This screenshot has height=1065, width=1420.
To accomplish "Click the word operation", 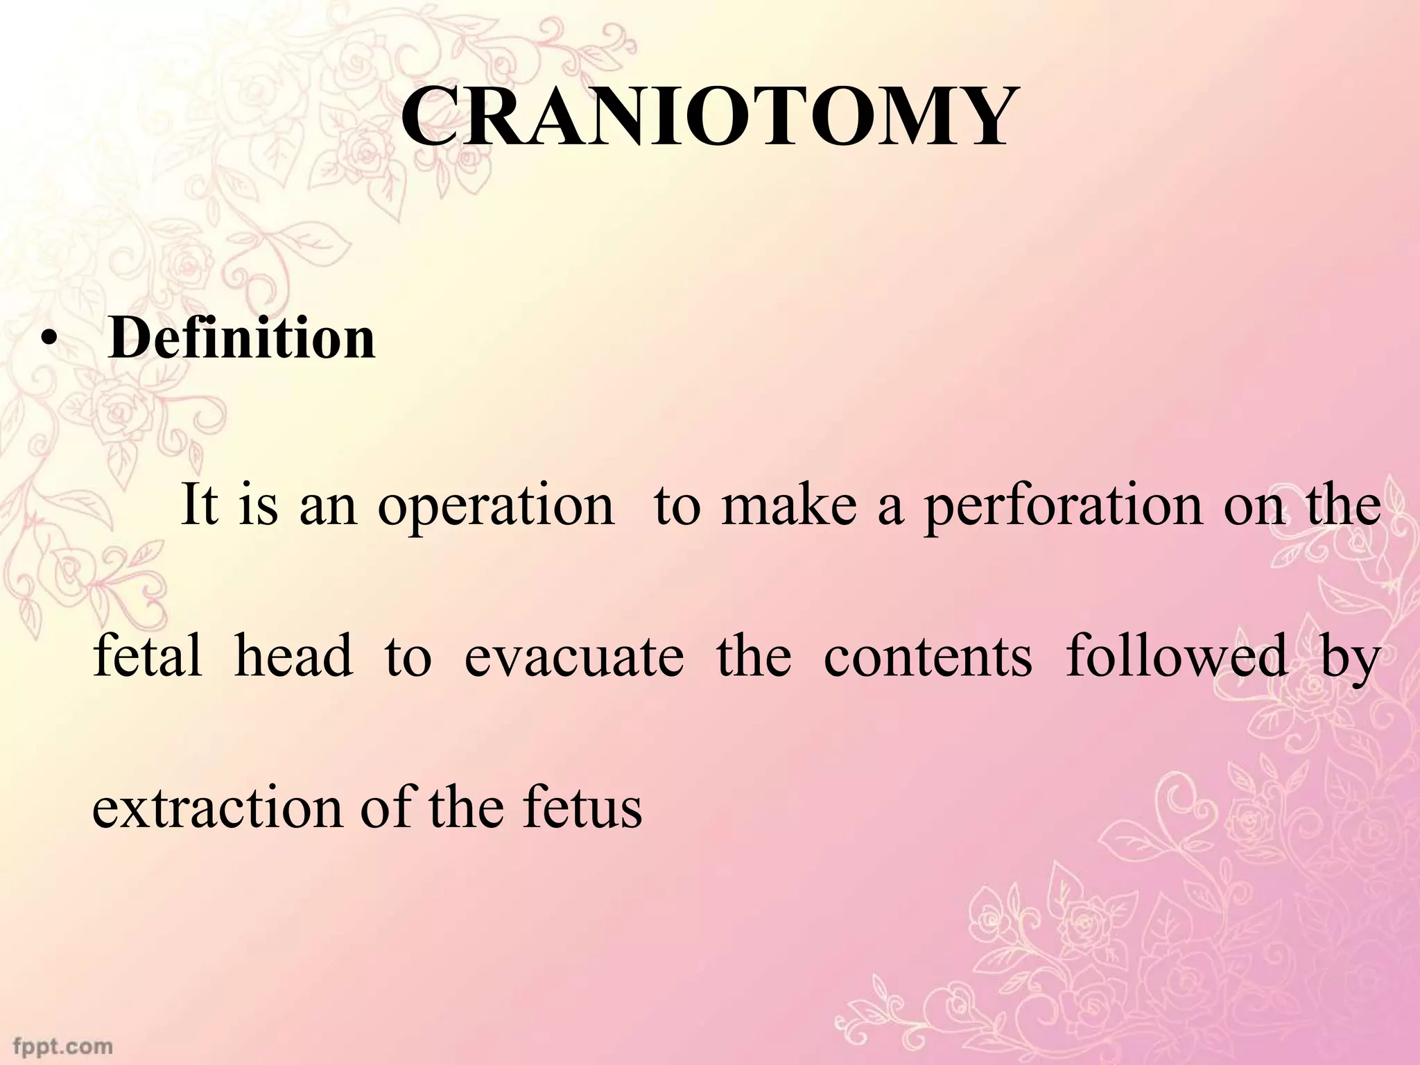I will pos(496,507).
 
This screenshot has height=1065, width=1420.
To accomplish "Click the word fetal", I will pos(148,655).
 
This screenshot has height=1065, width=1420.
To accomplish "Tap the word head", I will pos(293,655).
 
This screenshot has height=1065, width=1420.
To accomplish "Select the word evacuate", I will pos(573,657).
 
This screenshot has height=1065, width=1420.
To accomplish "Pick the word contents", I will pos(928,657).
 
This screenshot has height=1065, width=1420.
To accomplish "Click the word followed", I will pos(1176,655).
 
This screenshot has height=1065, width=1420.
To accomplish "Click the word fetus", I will pos(582,808).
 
